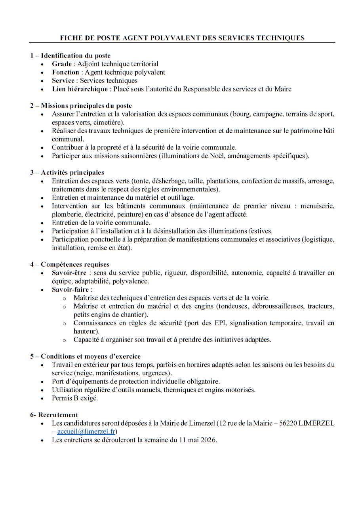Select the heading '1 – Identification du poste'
click(70, 55)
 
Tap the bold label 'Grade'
click(62, 64)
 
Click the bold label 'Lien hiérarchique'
click(80, 89)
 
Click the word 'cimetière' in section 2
click(108, 122)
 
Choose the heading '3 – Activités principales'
click(67, 172)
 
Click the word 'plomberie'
click(65, 214)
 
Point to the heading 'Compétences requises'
click(75, 264)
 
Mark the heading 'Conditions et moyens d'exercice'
click(91, 356)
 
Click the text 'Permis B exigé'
click(74, 398)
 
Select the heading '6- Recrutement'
click(54, 415)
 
